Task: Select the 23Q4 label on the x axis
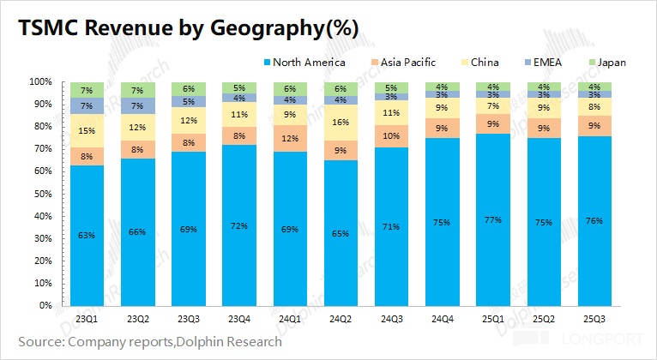tap(239, 318)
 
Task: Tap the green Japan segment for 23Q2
tap(137, 90)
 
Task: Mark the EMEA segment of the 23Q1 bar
tap(87, 106)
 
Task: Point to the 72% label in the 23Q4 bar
tap(239, 225)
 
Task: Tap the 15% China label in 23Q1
tap(87, 131)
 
